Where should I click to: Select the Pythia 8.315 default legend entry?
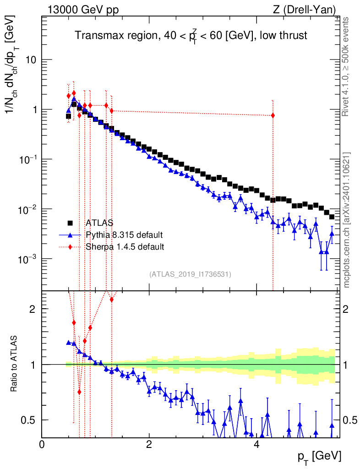[x=124, y=235]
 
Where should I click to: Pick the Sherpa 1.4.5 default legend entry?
[x=125, y=247]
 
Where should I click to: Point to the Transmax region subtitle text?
[x=191, y=36]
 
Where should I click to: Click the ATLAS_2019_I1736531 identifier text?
[x=190, y=274]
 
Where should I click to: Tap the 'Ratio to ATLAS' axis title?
[x=15, y=364]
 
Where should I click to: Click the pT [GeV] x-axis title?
[x=318, y=456]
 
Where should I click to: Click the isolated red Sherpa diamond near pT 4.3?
[x=273, y=115]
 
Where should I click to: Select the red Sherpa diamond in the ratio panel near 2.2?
[x=111, y=300]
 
